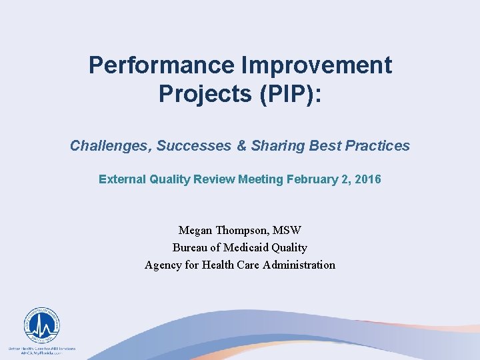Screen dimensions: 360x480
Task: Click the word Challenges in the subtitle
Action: click(110, 145)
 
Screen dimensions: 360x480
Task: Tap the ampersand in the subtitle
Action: click(241, 145)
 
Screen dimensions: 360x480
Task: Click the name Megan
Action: click(195, 230)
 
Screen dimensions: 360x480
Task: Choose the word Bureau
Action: click(190, 247)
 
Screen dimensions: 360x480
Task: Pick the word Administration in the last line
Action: click(299, 265)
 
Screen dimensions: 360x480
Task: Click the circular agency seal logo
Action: click(41, 326)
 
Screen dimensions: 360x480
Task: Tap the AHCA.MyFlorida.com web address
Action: click(42, 353)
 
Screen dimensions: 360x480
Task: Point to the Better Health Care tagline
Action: click(42, 348)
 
